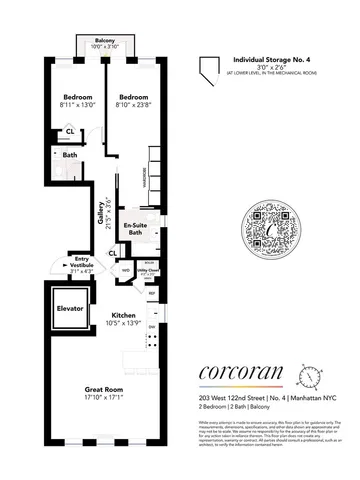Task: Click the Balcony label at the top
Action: point(95,41)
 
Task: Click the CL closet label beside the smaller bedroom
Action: point(70,131)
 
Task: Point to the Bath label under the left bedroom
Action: point(70,155)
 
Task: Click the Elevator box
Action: point(70,308)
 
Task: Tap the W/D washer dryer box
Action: point(126,270)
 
